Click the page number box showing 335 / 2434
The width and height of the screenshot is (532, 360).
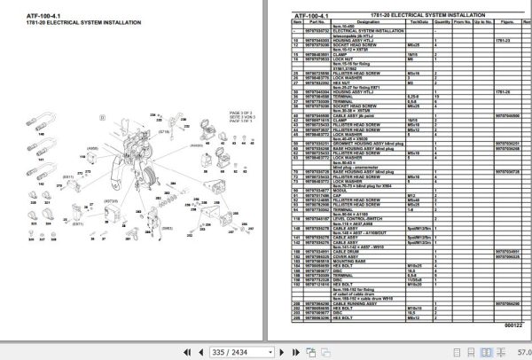pos(234,352)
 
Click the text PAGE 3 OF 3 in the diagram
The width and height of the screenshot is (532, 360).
pos(241,113)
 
